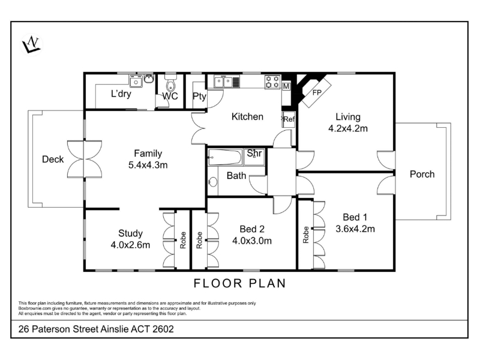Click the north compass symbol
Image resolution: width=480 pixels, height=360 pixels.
click(32, 44)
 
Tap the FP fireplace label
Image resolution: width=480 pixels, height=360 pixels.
click(317, 92)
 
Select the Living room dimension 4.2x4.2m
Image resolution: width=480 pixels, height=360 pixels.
click(348, 128)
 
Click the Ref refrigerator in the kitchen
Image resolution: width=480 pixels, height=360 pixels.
click(289, 119)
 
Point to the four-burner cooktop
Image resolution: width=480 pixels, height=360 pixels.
click(272, 82)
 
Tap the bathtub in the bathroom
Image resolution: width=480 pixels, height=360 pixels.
click(224, 157)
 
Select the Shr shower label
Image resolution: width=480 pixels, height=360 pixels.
click(254, 153)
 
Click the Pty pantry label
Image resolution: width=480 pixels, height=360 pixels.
click(199, 97)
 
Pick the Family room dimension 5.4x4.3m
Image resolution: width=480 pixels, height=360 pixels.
click(148, 166)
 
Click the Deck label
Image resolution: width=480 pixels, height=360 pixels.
click(53, 159)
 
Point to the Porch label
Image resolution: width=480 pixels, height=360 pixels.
click(422, 174)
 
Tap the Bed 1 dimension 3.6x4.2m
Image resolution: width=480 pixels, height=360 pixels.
click(355, 229)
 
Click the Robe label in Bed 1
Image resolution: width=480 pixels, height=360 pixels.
click(305, 235)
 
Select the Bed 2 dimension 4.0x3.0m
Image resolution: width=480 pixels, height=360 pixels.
click(251, 241)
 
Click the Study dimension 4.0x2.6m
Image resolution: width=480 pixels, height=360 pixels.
click(130, 245)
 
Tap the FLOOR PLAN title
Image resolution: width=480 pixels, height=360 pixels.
click(240, 283)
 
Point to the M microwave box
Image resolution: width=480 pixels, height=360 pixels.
click(286, 86)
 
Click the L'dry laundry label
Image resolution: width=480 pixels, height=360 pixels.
click(121, 94)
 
